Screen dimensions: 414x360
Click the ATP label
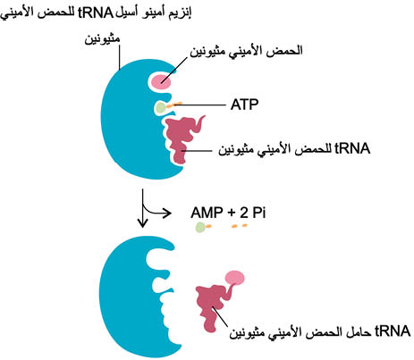pyautogui.click(x=244, y=105)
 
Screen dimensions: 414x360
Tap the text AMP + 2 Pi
pyautogui.click(x=228, y=213)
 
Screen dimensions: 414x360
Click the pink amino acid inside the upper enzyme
pyautogui.click(x=161, y=81)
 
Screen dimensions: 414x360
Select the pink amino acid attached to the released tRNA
pyautogui.click(x=235, y=277)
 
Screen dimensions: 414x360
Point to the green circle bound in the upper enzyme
pyautogui.click(x=161, y=107)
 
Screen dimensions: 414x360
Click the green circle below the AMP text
pyautogui.click(x=200, y=228)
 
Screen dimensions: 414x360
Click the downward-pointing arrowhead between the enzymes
pyautogui.click(x=143, y=222)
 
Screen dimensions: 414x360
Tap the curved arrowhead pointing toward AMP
pyautogui.click(x=167, y=213)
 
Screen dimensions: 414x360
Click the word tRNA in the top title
pyautogui.click(x=96, y=13)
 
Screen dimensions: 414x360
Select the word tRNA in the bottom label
pyautogui.click(x=393, y=331)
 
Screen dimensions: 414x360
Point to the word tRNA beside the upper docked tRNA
pyautogui.click(x=352, y=148)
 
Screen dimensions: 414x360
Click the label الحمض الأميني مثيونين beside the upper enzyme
pyautogui.click(x=246, y=50)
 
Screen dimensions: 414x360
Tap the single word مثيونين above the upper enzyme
pyautogui.click(x=102, y=39)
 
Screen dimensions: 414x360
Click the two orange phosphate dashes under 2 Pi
pyautogui.click(x=240, y=226)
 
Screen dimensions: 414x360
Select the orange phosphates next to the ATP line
pyautogui.click(x=174, y=105)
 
